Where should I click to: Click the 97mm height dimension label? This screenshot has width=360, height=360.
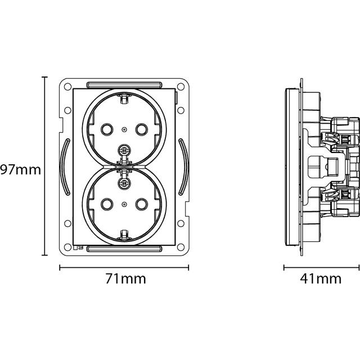coord(20,170)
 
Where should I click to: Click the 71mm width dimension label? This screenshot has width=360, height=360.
coord(125,279)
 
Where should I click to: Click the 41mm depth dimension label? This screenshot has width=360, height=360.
coord(321,279)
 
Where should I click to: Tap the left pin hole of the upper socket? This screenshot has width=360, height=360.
coord(107,129)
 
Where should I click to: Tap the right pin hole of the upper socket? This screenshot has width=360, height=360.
coord(141,129)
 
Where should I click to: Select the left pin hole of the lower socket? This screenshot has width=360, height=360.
coord(107,204)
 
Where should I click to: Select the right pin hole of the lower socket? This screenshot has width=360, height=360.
coord(141,204)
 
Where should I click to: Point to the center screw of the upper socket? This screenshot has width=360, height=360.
coord(124,151)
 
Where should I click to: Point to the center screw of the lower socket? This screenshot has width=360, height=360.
coord(124,183)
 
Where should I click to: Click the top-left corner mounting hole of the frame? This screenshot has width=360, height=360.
coord(67,87)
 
